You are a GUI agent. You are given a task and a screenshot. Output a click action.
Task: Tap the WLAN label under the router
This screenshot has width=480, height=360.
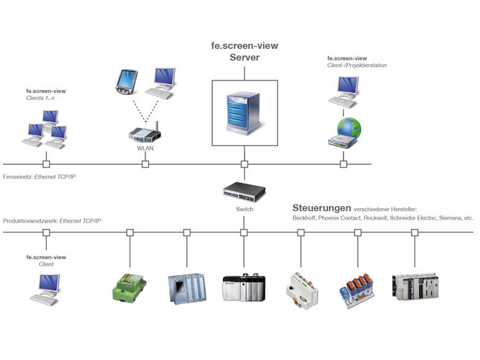click(145, 148)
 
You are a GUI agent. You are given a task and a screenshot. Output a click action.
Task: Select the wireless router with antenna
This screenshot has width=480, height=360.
click(145, 132)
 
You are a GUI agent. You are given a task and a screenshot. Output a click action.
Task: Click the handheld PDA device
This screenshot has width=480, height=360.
click(127, 82)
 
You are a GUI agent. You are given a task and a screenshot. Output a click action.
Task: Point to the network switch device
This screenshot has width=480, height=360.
click(244, 192)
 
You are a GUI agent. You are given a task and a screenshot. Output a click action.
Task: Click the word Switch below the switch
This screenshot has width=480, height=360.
click(245, 210)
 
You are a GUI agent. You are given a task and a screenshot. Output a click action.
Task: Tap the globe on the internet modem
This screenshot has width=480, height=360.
click(349, 127)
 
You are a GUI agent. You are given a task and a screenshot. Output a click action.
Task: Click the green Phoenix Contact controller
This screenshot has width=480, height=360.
click(130, 288)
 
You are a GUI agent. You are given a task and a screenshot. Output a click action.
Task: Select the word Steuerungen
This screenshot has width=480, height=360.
click(322, 208)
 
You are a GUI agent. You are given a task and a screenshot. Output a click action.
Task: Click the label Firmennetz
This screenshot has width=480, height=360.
click(18, 177)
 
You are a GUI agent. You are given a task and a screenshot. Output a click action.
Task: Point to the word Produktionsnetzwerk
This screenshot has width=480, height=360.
click(30, 221)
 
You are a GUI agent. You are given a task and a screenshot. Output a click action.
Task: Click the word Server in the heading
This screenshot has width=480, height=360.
click(245, 58)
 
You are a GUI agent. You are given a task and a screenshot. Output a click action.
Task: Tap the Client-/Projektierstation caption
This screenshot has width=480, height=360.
click(357, 66)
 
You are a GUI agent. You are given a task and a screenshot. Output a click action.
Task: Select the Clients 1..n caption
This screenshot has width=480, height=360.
click(40, 98)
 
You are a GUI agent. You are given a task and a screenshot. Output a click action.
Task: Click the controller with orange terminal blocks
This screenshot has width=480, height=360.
click(357, 291)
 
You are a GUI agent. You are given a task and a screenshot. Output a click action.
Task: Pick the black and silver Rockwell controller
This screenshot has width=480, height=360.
click(244, 288)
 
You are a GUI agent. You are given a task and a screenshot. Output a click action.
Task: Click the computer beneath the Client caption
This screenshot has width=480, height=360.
click(45, 290)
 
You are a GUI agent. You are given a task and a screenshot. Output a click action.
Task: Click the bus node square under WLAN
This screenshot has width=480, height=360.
click(145, 164)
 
